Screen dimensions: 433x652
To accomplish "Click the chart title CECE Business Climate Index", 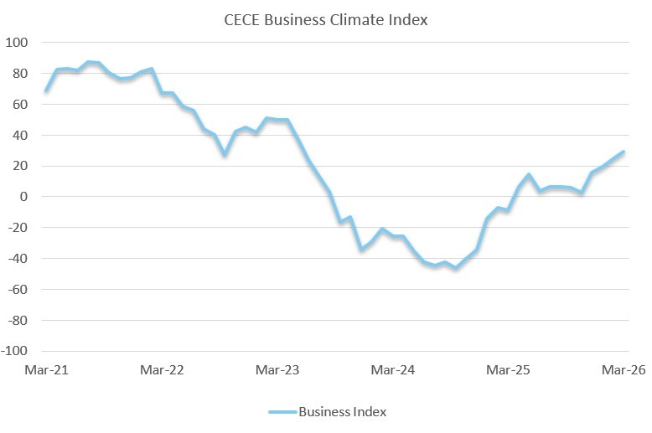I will coord(325,20).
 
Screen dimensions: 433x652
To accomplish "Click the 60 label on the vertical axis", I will coord(19,104).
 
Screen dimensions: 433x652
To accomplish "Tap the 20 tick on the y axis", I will coord(19,166).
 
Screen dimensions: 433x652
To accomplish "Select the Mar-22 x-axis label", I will coord(162,369).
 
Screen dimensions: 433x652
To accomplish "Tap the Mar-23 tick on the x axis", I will coord(277,369).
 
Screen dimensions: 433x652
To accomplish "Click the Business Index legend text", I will coord(342,412).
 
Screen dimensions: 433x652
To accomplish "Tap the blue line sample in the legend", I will coord(282,412).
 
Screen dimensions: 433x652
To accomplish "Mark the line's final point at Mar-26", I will coord(624,152).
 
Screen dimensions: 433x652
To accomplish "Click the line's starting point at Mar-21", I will coord(46,90).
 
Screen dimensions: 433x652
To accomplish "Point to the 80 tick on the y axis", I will coord(19,73).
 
